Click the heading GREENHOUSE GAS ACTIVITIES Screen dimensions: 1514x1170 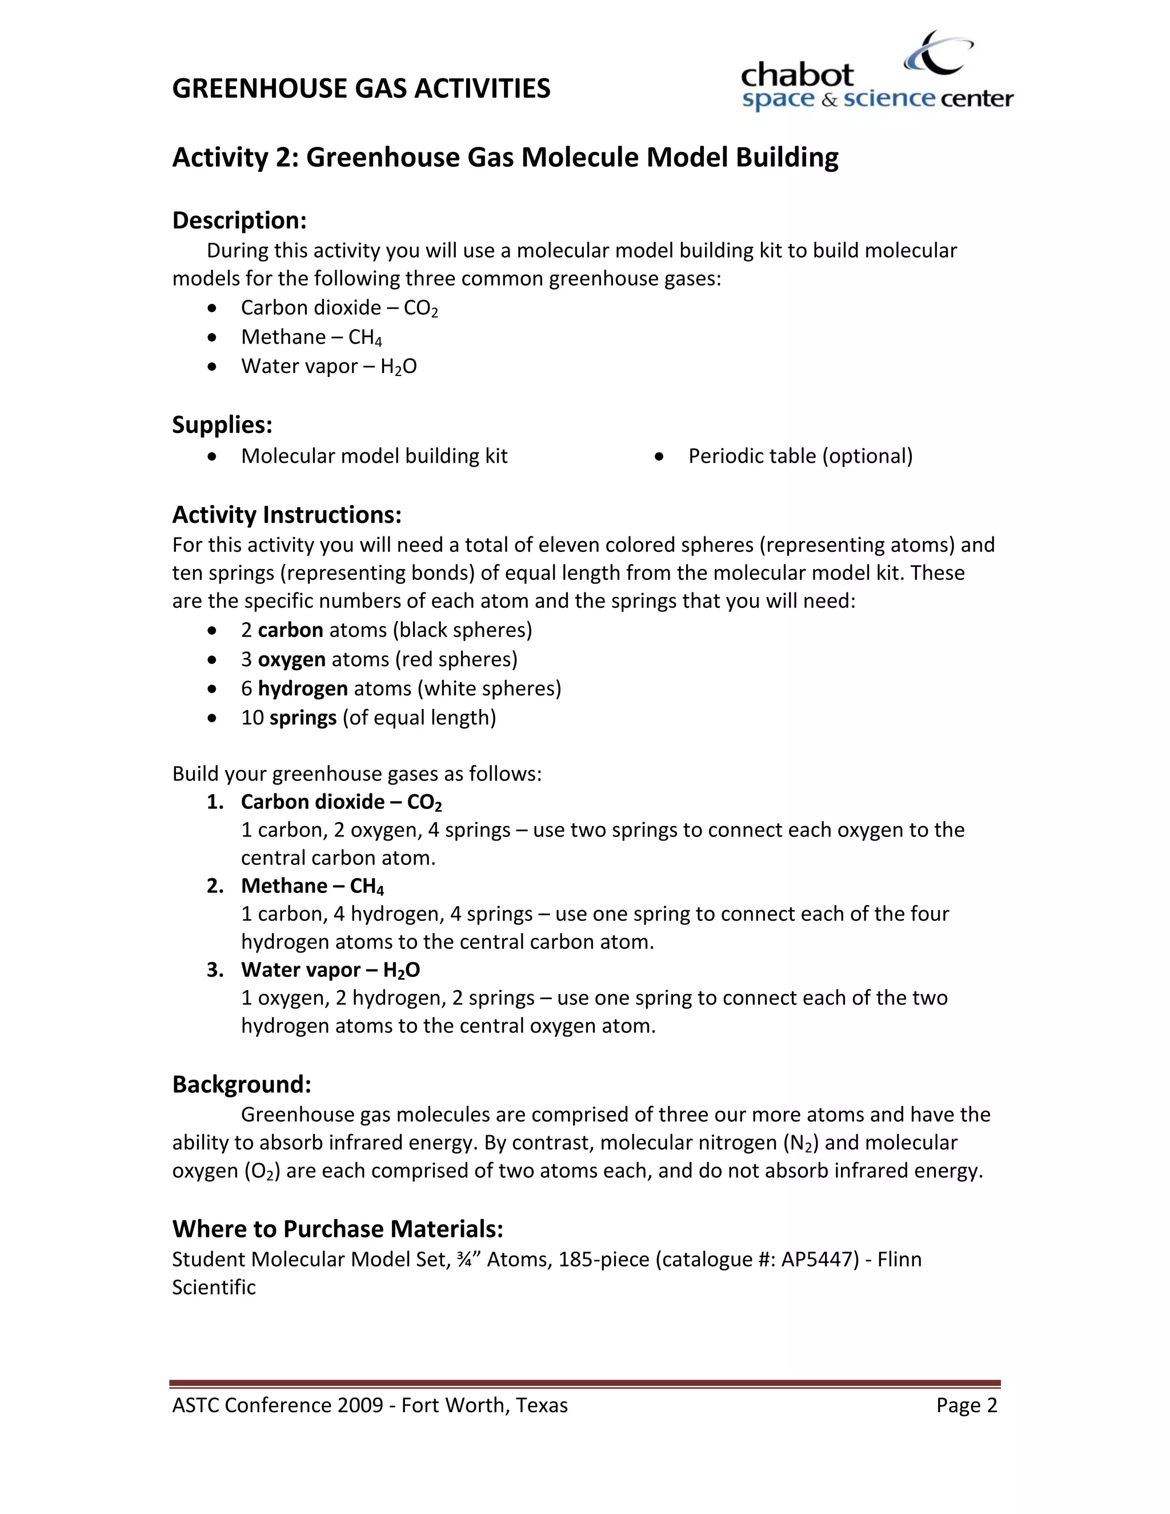click(x=361, y=89)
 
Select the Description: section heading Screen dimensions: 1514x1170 click(x=239, y=221)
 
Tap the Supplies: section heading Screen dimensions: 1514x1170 click(x=222, y=424)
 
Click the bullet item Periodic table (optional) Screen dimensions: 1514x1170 click(x=800, y=456)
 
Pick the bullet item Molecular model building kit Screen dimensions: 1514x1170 click(x=374, y=456)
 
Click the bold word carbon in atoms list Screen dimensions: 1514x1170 click(x=290, y=630)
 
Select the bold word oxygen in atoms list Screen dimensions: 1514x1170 click(x=292, y=659)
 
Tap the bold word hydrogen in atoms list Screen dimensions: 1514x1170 click(x=303, y=688)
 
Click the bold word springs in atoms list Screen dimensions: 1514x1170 click(x=303, y=718)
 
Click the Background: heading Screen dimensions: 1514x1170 click(x=241, y=1084)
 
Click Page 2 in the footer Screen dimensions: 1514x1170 click(x=966, y=1405)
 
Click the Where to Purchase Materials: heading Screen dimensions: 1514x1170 click(x=338, y=1228)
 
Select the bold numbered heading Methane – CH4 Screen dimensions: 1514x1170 click(x=312, y=886)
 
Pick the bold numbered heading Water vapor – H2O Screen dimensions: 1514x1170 click(x=330, y=970)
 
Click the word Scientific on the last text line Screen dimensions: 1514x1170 click(x=214, y=1287)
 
